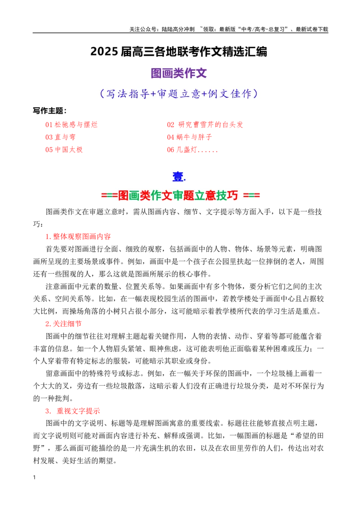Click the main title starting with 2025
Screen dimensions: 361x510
click(179, 52)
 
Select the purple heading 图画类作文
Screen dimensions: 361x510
click(179, 73)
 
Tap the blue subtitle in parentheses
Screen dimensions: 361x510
click(179, 94)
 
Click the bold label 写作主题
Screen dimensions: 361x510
click(50, 110)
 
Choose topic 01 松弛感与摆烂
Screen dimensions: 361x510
click(71, 125)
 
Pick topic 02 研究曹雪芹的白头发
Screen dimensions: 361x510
click(205, 125)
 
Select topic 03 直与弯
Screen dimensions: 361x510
click(60, 137)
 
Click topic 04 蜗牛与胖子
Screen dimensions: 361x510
click(189, 137)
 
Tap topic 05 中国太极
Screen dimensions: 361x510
click(64, 150)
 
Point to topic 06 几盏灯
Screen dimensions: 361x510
click(192, 150)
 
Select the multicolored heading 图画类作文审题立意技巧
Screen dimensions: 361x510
click(180, 195)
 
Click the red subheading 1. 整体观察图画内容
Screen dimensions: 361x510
click(78, 237)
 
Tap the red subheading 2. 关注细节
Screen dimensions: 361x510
click(64, 323)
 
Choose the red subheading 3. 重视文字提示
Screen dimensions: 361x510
click(72, 411)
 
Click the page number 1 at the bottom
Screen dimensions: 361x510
click(34, 478)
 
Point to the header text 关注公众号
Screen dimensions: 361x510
click(144, 29)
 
